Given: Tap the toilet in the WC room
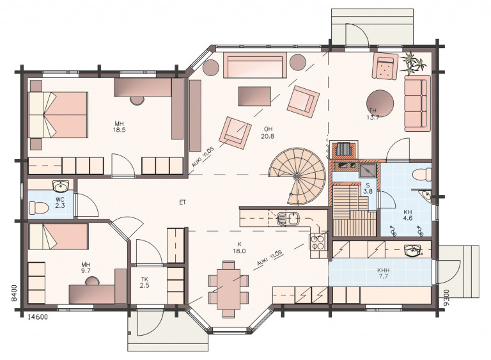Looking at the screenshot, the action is pyautogui.click(x=38, y=207).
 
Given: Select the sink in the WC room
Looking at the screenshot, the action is pyautogui.click(x=61, y=186).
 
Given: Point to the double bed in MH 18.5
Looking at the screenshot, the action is pyautogui.click(x=58, y=114).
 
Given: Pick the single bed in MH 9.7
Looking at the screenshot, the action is pyautogui.click(x=58, y=237).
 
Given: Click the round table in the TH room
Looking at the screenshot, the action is pyautogui.click(x=380, y=104).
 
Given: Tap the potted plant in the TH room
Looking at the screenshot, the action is pyautogui.click(x=414, y=63).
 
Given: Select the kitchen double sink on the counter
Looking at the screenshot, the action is pyautogui.click(x=288, y=218).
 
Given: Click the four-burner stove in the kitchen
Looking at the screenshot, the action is pyautogui.click(x=317, y=242).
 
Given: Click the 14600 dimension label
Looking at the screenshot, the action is pyautogui.click(x=38, y=317).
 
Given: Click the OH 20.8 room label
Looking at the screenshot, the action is pyautogui.click(x=267, y=132).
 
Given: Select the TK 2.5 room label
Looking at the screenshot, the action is pyautogui.click(x=144, y=282).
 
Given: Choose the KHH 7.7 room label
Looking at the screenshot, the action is pyautogui.click(x=384, y=273).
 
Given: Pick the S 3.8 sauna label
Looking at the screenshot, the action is pyautogui.click(x=368, y=188).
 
